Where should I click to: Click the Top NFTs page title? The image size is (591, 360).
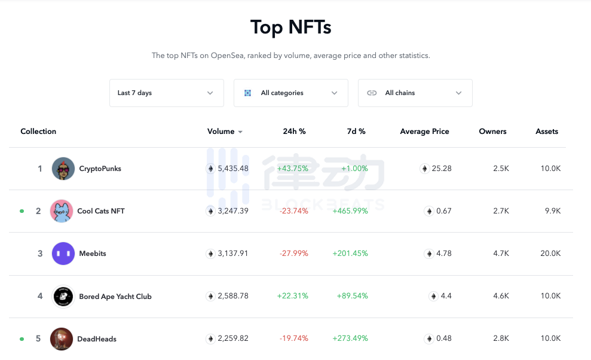tap(290, 28)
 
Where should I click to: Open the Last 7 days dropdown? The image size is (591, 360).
tap(166, 93)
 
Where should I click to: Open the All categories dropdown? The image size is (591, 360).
tap(290, 93)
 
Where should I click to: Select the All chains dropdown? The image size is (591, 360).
tap(415, 93)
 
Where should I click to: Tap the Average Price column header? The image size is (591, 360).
tap(424, 132)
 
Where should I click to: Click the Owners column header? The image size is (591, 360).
tap(492, 132)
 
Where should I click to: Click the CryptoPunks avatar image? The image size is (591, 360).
tap(63, 169)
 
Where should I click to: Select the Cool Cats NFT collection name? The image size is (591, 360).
tap(101, 211)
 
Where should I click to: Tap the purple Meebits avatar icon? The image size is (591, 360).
tap(63, 254)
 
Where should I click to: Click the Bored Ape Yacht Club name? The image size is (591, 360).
tap(115, 297)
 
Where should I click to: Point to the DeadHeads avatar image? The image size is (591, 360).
tap(62, 339)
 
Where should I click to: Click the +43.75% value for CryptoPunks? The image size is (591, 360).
tap(292, 169)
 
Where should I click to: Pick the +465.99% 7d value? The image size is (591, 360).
tap(350, 211)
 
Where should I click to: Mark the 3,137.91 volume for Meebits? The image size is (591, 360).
tap(232, 254)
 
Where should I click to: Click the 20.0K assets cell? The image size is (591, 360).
tap(550, 254)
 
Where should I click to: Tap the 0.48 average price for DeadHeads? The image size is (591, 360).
tap(443, 339)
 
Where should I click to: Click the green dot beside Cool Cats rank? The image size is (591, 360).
tap(22, 211)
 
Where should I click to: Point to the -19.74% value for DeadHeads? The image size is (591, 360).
tap(293, 339)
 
